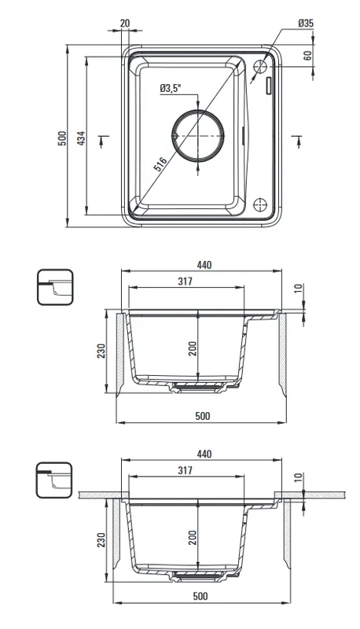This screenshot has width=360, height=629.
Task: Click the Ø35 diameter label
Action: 306,24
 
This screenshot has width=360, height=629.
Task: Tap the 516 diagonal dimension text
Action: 161,164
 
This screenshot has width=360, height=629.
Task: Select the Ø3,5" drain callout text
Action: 171,88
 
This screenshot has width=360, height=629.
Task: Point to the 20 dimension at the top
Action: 125,23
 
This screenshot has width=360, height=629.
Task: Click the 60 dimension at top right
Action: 307,55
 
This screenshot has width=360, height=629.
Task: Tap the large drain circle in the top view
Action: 198,135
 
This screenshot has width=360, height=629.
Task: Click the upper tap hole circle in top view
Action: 260,66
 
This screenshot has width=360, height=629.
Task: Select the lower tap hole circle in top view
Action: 260,205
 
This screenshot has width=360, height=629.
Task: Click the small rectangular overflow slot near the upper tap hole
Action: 268,85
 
